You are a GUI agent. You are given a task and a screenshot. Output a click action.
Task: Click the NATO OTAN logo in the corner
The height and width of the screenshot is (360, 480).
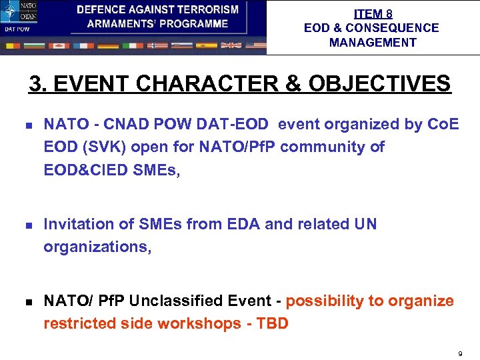(x=19, y=11)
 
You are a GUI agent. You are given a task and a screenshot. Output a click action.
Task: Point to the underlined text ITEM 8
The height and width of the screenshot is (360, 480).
(x=373, y=14)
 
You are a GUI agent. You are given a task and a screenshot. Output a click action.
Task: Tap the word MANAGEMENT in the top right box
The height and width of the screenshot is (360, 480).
(x=373, y=43)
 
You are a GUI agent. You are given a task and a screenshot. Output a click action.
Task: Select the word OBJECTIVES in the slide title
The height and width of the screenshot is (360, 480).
(x=372, y=85)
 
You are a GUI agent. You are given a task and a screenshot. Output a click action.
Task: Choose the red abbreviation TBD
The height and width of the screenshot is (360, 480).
(x=273, y=324)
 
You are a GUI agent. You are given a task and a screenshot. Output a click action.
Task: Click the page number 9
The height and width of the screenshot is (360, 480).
(x=460, y=352)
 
